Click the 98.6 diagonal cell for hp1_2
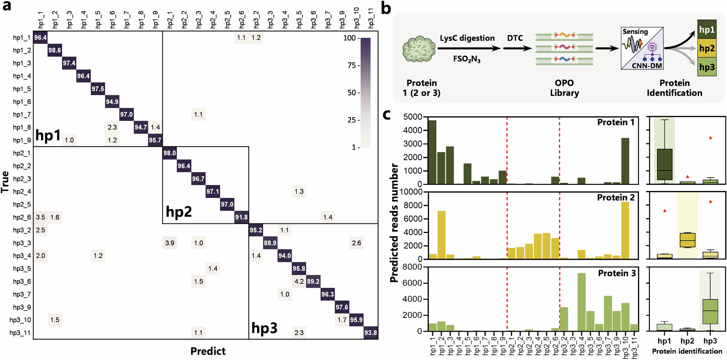pyautogui.click(x=55, y=50)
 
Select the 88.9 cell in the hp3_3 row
pyautogui.click(x=270, y=243)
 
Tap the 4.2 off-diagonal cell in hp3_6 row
pyautogui.click(x=299, y=282)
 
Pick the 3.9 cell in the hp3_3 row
pyautogui.click(x=170, y=243)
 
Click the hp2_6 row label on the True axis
pyautogui.click(x=22, y=217)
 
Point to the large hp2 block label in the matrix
pyautogui.click(x=178, y=211)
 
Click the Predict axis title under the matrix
pyautogui.click(x=208, y=351)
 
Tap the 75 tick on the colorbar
pyautogui.click(x=351, y=65)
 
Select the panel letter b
pyautogui.click(x=386, y=8)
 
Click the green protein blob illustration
pyautogui.click(x=419, y=49)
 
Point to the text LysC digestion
pyautogui.click(x=467, y=38)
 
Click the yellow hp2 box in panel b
pyautogui.click(x=707, y=48)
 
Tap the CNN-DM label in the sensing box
pyautogui.click(x=647, y=65)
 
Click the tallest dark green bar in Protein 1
pyautogui.click(x=432, y=152)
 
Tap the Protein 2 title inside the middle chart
pyautogui.click(x=615, y=198)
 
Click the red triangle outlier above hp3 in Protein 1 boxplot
pyautogui.click(x=710, y=138)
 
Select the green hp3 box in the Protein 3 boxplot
pyautogui.click(x=710, y=311)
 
